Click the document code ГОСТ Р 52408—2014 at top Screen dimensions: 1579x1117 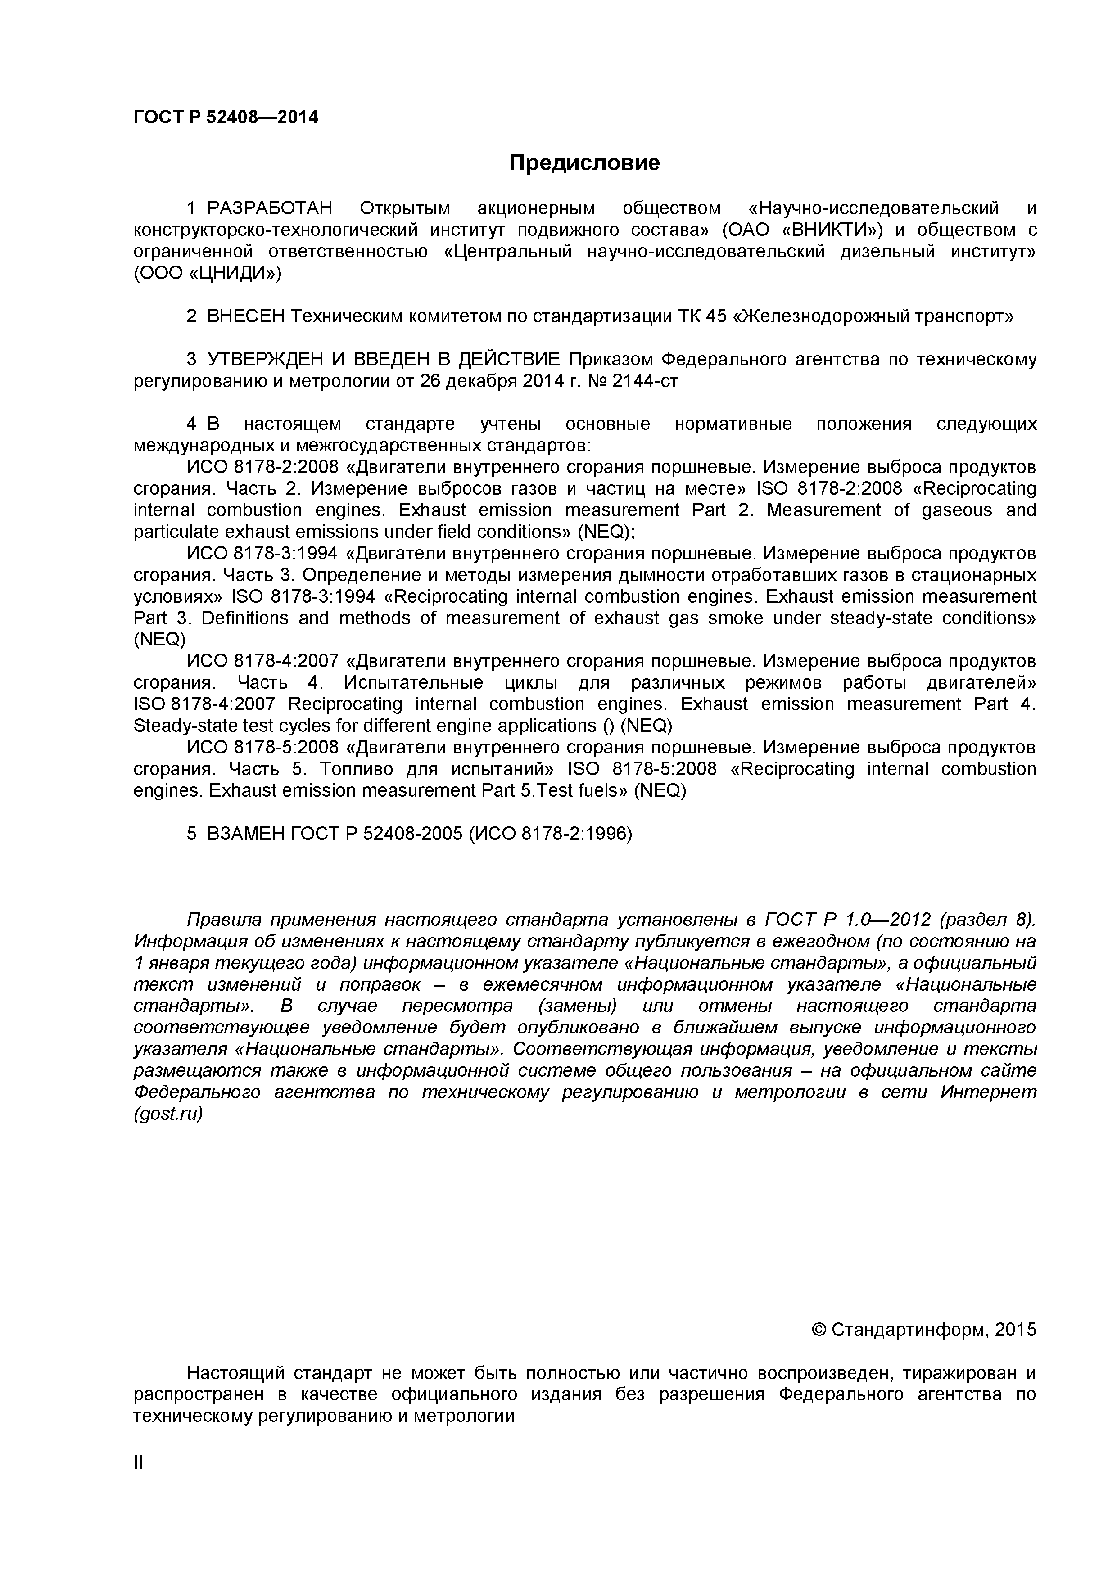(226, 117)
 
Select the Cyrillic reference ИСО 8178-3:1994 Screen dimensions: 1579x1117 (263, 554)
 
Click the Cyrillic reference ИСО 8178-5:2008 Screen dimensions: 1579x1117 (263, 748)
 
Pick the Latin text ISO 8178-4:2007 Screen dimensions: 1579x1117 (204, 704)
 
